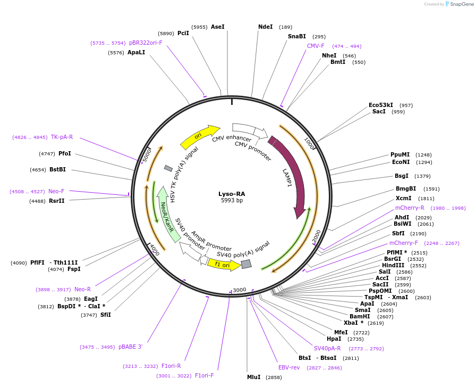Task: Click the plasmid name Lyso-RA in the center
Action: (232, 194)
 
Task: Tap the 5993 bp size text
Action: (232, 201)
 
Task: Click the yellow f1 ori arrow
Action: (223, 264)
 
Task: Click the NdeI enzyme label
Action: (265, 27)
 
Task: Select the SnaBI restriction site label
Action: (297, 36)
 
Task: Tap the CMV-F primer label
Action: (316, 46)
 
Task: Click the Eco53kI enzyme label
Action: (381, 105)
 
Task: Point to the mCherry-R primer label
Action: (410, 208)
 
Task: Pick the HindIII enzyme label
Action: (393, 265)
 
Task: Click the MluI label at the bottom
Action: (254, 377)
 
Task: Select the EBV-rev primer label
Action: (289, 367)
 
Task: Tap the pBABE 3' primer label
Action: (130, 347)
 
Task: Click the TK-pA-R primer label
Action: (62, 137)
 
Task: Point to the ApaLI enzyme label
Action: (136, 52)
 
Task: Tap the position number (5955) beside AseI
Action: (200, 27)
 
